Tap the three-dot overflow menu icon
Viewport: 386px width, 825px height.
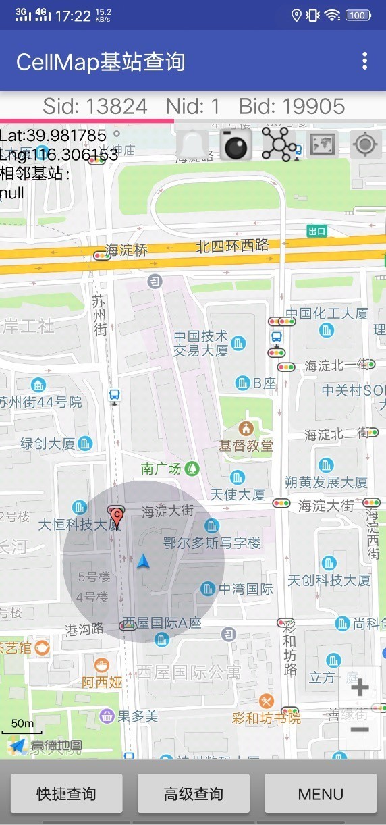click(365, 61)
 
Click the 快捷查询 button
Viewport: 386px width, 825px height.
click(66, 794)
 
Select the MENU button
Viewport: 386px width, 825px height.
click(321, 794)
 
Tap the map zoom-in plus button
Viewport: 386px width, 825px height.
click(360, 688)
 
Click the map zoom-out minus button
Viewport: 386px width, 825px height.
click(360, 729)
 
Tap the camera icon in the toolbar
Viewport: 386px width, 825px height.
click(236, 144)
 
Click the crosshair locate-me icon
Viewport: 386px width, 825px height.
click(366, 144)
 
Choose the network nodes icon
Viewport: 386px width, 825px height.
click(279, 144)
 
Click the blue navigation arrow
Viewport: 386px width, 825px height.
click(142, 560)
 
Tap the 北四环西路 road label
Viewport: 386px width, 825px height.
click(232, 246)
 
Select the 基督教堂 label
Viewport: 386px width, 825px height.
click(246, 445)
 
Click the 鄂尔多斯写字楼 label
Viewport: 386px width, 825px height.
click(212, 543)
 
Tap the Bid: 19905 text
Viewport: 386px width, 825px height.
click(292, 106)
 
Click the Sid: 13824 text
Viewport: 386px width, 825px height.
click(95, 106)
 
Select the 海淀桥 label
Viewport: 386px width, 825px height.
click(126, 250)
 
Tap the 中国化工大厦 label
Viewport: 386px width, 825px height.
click(327, 313)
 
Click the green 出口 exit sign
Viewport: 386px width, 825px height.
click(316, 232)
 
